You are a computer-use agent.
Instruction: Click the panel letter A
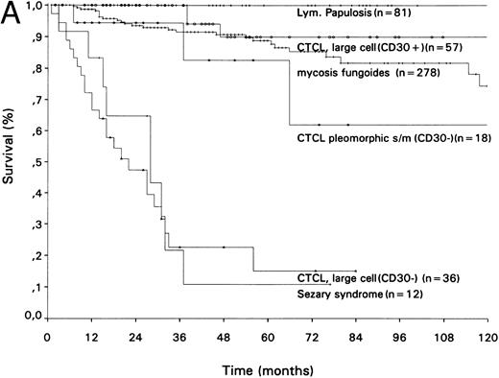pos(11,14)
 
